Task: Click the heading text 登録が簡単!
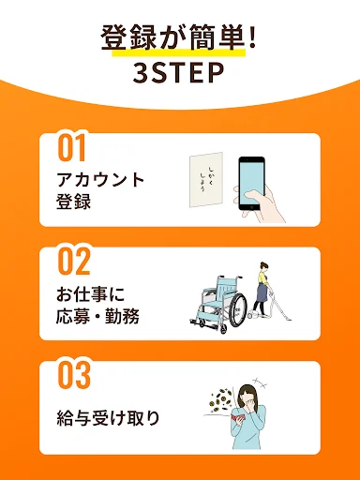[x=178, y=37]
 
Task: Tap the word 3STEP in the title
[x=179, y=73]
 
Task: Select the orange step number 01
[x=71, y=148]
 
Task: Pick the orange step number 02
[x=74, y=262]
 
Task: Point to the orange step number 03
[x=74, y=375]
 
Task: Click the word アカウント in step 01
[x=100, y=180]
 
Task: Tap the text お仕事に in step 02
[x=91, y=294]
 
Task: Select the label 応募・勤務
[x=97, y=316]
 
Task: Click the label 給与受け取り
[x=108, y=418]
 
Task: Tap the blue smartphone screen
[x=251, y=183]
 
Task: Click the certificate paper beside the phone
[x=206, y=180]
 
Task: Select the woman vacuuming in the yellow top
[x=262, y=289]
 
